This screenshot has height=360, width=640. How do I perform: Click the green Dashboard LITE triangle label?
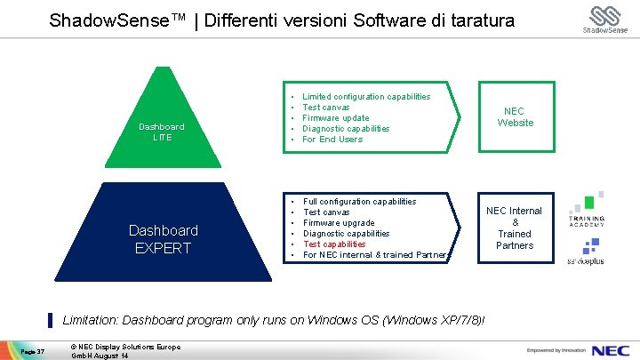pyautogui.click(x=162, y=132)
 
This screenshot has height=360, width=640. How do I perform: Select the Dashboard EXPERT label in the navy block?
pyautogui.click(x=164, y=239)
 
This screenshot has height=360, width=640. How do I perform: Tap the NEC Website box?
pyautogui.click(x=516, y=117)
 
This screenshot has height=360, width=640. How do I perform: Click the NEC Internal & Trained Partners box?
pyautogui.click(x=515, y=228)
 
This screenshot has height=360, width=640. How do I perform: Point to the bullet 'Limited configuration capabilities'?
pyautogui.click(x=366, y=97)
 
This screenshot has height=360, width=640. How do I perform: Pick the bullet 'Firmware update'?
pyautogui.click(x=335, y=118)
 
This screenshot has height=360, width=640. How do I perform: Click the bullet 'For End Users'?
pyautogui.click(x=332, y=140)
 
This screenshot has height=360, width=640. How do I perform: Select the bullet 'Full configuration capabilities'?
pyautogui.click(x=359, y=202)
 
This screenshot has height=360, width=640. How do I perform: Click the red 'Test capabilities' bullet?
pyautogui.click(x=334, y=244)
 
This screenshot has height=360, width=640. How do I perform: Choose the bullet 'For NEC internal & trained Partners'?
pyautogui.click(x=376, y=255)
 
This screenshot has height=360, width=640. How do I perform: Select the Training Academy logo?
pyautogui.click(x=587, y=212)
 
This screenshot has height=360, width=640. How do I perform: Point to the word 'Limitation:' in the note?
pyautogui.click(x=92, y=319)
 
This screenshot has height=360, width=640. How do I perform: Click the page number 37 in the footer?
pyautogui.click(x=33, y=350)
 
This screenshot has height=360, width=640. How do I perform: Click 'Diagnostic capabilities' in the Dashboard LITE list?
pyautogui.click(x=346, y=129)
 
